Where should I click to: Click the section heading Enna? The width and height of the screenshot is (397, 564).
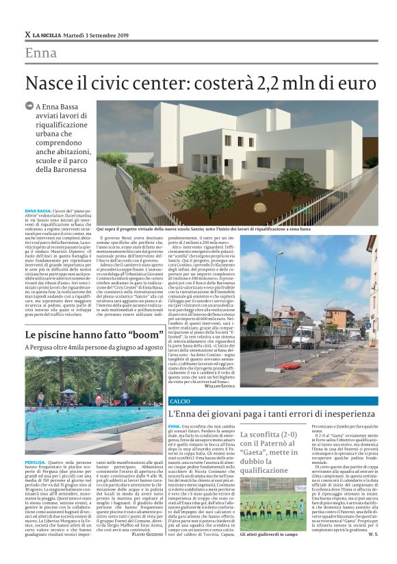coord(41,53)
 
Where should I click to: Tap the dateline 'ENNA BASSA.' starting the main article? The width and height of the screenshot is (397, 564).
coord(38,210)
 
